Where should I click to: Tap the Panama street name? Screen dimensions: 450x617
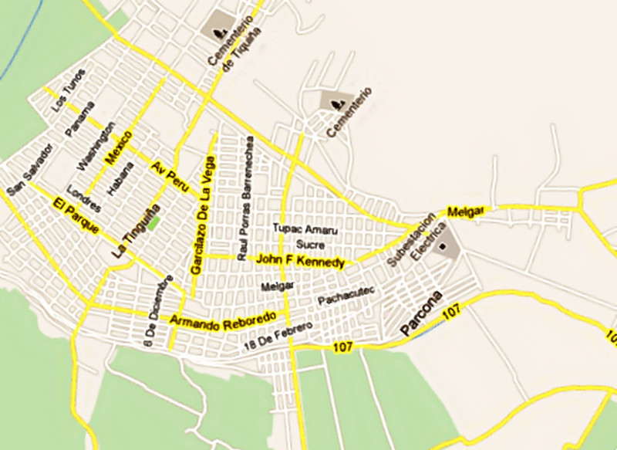79,120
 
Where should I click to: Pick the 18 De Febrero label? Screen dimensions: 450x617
278,333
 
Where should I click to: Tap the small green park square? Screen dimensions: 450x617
154,222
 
